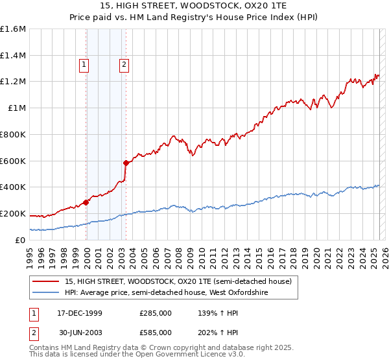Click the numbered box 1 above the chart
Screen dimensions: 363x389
[x=84, y=64]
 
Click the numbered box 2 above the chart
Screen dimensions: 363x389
[x=124, y=64]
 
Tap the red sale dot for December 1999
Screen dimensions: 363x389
[x=86, y=202]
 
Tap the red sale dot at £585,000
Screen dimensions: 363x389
[x=126, y=162]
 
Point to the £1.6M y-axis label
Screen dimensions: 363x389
[x=13, y=29]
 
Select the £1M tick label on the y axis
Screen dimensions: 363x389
[x=17, y=108]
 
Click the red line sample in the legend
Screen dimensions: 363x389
[x=46, y=281]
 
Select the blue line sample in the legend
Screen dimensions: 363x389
[x=46, y=292]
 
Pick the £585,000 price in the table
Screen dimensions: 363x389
[x=155, y=332]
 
